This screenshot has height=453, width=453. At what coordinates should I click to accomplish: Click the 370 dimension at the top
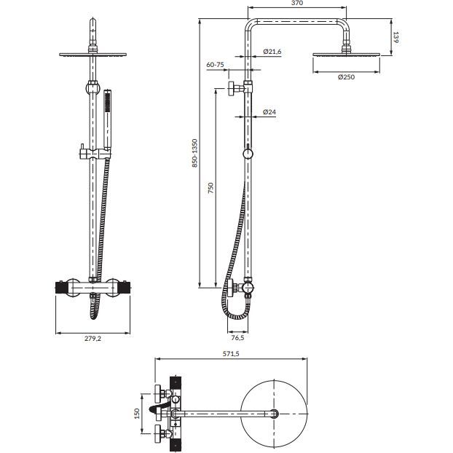pyautogui.click(x=276, y=4)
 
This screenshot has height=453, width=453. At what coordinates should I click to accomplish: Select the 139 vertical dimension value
pyautogui.click(x=396, y=37)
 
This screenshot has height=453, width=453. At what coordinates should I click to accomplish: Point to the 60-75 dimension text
pyautogui.click(x=215, y=65)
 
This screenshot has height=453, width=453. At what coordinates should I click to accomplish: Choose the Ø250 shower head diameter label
pyautogui.click(x=347, y=78)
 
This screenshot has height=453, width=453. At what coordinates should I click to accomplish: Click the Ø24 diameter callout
pyautogui.click(x=269, y=111)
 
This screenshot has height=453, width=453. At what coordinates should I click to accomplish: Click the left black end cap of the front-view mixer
pyautogui.click(x=60, y=288)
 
